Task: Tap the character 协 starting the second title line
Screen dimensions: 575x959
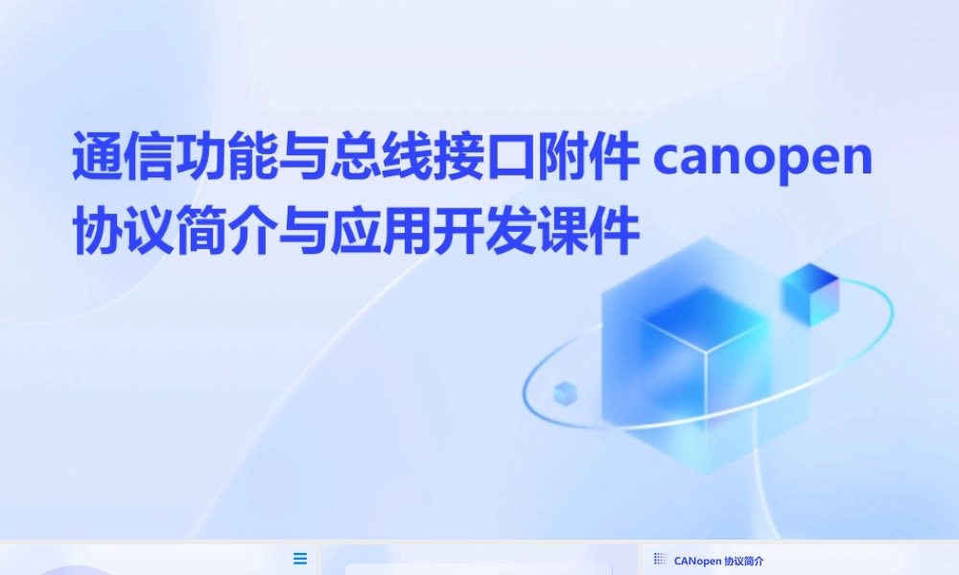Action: [96, 233]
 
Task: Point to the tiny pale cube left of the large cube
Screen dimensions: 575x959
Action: [565, 392]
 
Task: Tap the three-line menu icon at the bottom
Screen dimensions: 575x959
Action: [300, 559]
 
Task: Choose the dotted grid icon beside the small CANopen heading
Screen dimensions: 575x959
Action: [660, 559]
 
